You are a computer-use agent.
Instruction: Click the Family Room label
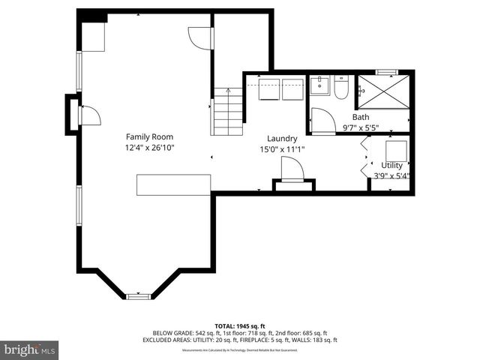point(149,136)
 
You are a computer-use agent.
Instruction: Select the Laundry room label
point(282,138)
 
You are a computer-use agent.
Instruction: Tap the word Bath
point(361,117)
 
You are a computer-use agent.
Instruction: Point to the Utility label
point(391,165)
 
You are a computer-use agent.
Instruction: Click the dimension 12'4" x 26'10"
point(149,148)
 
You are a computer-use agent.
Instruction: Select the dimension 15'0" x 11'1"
point(282,149)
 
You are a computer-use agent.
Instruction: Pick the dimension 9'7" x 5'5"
point(361,127)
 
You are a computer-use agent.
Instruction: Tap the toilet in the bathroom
point(341,88)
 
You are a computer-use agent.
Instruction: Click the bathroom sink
point(319,85)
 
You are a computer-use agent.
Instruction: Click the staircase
point(228,111)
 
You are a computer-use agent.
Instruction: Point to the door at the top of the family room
point(199,38)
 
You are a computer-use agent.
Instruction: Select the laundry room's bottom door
point(292,172)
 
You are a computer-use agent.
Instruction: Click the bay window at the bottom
point(138,296)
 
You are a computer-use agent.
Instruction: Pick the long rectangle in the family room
point(172,184)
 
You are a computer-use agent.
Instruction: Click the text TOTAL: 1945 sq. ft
point(240,325)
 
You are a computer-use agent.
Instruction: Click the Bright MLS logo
point(30,349)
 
